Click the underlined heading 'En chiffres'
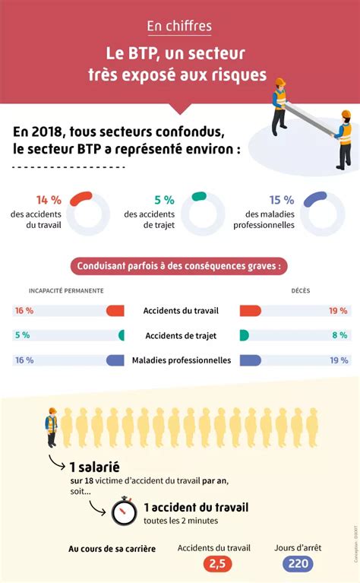(179, 27)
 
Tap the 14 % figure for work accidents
(48, 200)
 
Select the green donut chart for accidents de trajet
(203, 214)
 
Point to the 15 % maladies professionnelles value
(281, 200)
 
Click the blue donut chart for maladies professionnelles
(323, 214)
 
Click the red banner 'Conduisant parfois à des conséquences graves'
(179, 267)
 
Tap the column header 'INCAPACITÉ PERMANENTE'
(66, 291)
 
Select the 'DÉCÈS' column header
(301, 291)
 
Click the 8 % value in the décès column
(339, 335)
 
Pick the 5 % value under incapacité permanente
(22, 335)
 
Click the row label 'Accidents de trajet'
(179, 335)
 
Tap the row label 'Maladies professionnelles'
(181, 360)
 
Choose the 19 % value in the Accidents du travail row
(339, 311)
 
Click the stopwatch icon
(124, 511)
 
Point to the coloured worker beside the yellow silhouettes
(52, 427)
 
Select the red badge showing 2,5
(217, 564)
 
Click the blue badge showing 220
(298, 564)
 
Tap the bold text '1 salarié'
(95, 467)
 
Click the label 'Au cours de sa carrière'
(112, 548)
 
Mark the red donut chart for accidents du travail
(88, 214)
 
